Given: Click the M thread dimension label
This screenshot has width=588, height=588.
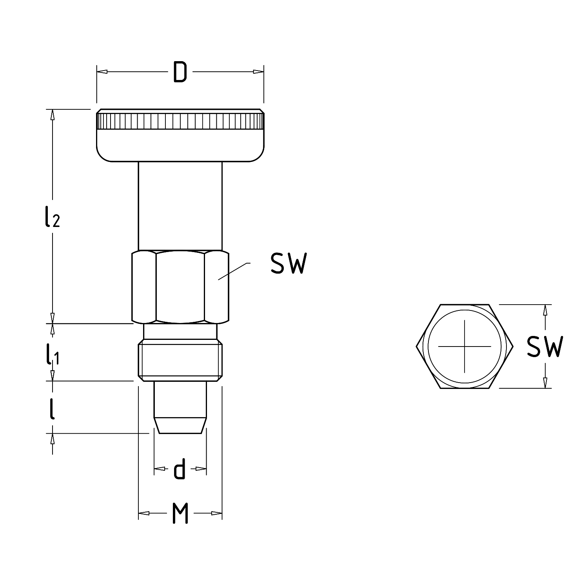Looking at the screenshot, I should point(180,513).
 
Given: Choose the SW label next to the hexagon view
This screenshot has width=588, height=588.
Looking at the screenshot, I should point(544,347).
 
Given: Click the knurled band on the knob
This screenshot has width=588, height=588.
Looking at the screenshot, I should point(180,121).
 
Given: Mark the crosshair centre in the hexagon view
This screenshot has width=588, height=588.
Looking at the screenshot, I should point(465,347).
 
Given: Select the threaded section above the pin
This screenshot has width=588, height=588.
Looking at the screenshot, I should point(180,361).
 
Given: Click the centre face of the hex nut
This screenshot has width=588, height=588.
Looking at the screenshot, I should point(180,287).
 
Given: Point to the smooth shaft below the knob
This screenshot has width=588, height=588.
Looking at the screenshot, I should point(180,206).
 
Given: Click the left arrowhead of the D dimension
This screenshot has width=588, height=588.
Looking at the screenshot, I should point(102,72).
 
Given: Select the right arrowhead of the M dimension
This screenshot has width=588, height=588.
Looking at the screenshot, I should point(217,513).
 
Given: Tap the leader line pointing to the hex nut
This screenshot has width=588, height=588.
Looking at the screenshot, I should point(234,271).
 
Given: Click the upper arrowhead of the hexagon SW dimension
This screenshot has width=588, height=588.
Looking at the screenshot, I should point(544,310).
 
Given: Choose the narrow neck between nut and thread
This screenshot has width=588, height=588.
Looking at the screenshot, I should point(180,332).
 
